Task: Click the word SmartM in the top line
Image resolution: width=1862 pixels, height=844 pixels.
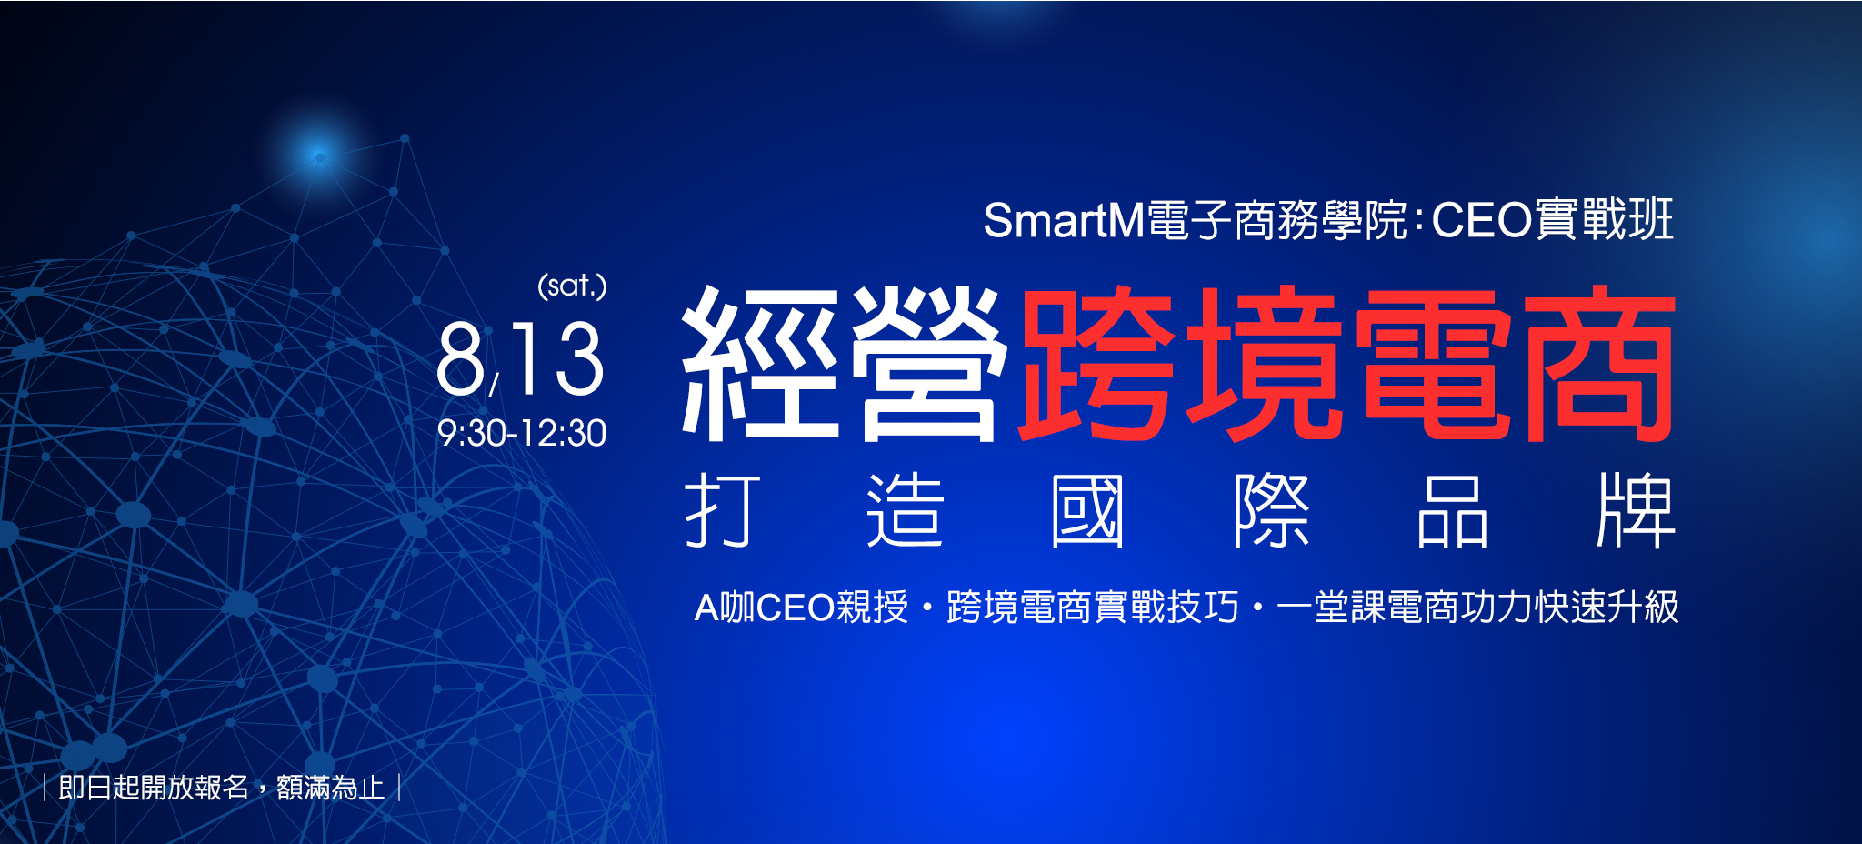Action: (1064, 221)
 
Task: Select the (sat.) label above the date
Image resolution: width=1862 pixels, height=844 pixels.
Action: (572, 286)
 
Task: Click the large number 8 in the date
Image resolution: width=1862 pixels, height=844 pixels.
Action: (461, 359)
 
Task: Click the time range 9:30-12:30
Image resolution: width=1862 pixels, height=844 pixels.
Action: (522, 433)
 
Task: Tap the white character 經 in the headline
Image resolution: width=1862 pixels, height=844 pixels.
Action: (760, 364)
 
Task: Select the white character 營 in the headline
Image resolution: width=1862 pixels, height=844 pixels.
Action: (929, 364)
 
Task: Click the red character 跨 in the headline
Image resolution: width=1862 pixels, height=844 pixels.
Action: (1096, 364)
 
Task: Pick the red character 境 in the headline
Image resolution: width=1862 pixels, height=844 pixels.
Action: (1265, 364)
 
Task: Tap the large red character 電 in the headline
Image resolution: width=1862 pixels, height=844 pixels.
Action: (1435, 364)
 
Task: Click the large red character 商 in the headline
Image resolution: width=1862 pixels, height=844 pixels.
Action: (1599, 364)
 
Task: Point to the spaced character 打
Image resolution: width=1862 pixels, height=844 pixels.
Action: (723, 509)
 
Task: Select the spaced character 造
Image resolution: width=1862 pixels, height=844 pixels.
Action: (906, 509)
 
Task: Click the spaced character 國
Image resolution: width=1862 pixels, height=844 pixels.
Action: (1087, 510)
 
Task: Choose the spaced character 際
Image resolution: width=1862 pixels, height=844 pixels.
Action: (1271, 509)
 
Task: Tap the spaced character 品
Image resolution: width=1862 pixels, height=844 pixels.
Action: (1453, 510)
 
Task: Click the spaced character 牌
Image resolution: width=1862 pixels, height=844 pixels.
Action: (1636, 509)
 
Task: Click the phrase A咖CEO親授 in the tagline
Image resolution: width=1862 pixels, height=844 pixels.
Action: (801, 608)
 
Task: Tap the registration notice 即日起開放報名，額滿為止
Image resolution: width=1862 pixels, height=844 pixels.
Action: (221, 787)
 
